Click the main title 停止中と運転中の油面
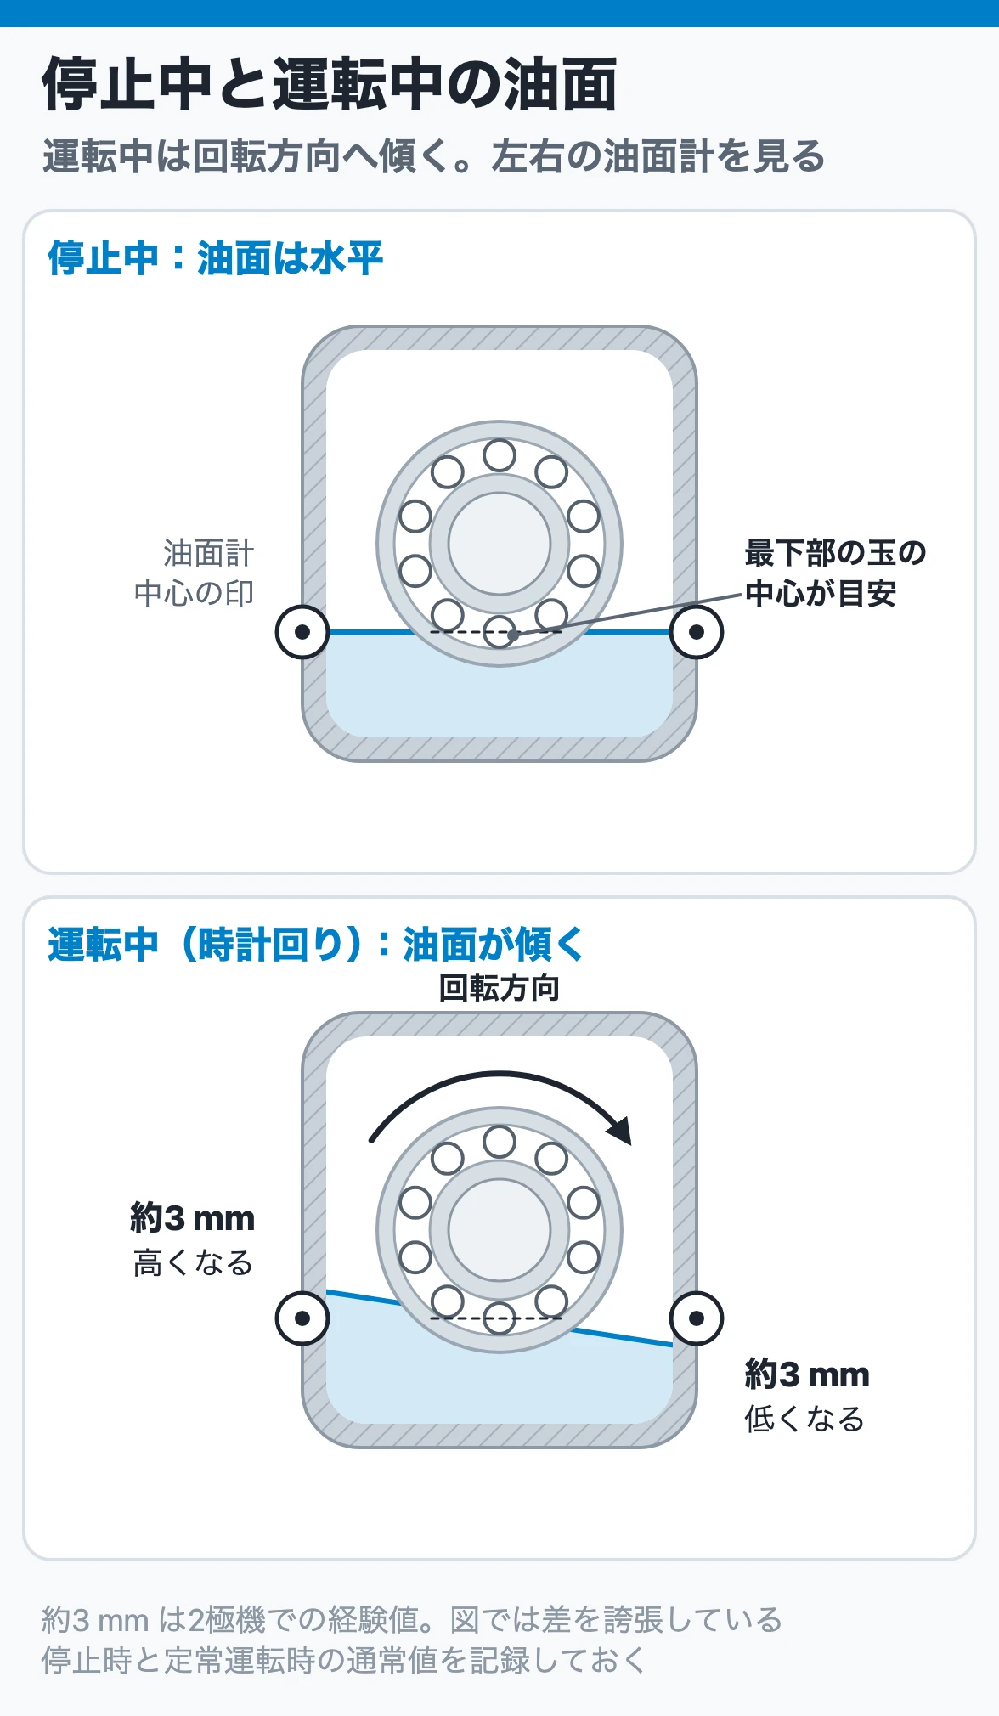[330, 84]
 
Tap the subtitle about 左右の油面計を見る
[433, 156]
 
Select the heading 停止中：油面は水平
[216, 257]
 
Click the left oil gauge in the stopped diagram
[302, 632]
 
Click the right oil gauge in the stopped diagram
[697, 632]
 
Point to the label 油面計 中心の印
[195, 573]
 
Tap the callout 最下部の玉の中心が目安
[835, 573]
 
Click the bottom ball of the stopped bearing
[499, 632]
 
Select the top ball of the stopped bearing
[499, 455]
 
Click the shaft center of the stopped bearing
[499, 544]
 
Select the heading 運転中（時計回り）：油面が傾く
[316, 944]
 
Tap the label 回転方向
[499, 988]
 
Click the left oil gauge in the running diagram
[302, 1318]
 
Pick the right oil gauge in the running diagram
[697, 1318]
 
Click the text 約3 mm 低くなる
[807, 1397]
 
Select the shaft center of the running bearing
[499, 1230]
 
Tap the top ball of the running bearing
[499, 1142]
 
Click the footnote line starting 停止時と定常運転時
[343, 1659]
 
